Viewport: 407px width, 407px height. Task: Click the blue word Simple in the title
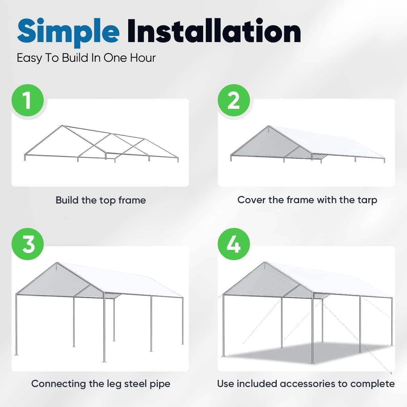tap(68, 31)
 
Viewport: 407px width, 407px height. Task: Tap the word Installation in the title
tap(214, 31)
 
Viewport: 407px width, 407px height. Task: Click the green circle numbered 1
tap(28, 101)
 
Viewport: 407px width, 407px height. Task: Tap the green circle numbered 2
tap(234, 101)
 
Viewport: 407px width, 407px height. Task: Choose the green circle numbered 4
tap(234, 244)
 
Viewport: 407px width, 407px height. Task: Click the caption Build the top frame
tap(101, 200)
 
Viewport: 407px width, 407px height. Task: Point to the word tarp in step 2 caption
tap(367, 200)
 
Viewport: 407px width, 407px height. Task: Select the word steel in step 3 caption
tap(135, 384)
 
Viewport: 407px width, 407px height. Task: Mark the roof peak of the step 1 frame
tap(62, 126)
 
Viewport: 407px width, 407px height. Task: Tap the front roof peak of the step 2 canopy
tap(269, 126)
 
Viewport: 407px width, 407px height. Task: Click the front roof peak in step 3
tap(57, 263)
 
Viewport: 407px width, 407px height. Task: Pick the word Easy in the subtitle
tap(29, 58)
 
